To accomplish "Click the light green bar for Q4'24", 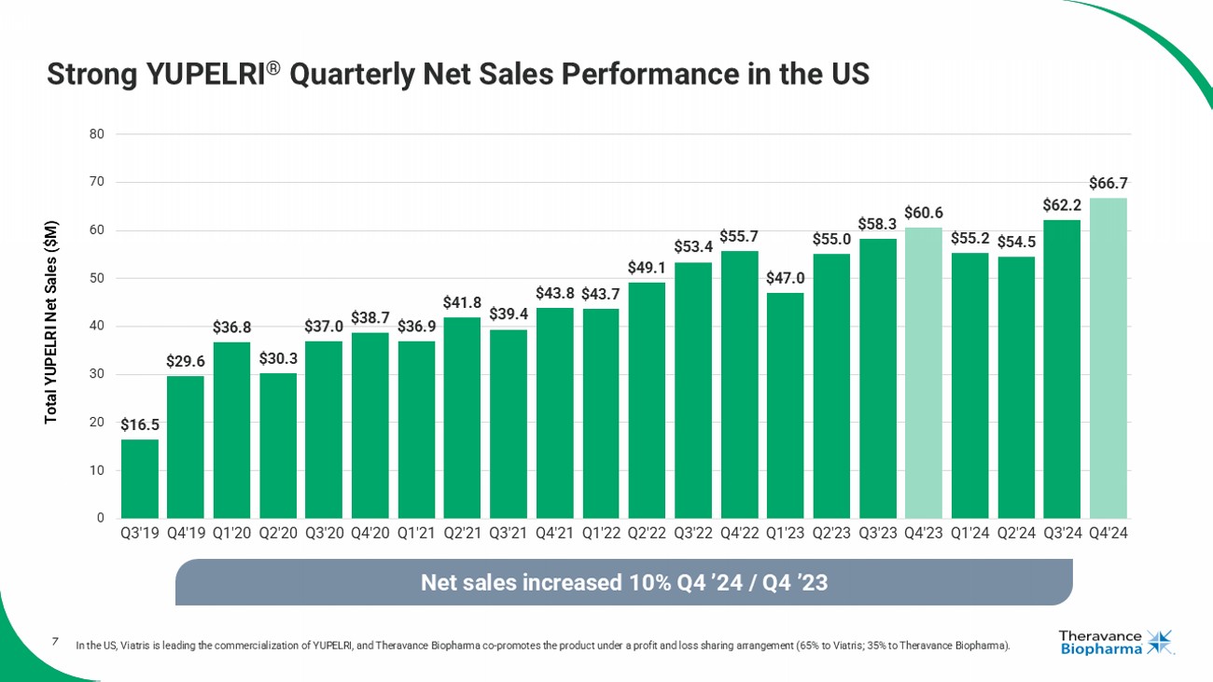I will (1108, 358).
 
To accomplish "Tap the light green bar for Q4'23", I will (923, 373).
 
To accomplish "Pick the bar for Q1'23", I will (785, 406).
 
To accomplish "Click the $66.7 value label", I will (1108, 184).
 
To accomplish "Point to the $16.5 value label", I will (139, 425).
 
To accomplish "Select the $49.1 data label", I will (647, 268).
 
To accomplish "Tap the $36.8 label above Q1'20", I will (231, 327).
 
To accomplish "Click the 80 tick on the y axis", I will (96, 134).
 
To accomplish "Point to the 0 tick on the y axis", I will (100, 519).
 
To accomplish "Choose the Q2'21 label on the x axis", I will (462, 536).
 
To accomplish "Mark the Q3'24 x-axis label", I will (1062, 536).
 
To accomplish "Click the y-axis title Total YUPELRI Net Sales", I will (52, 323).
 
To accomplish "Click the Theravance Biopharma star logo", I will (1160, 642).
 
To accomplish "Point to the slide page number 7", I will (55, 641).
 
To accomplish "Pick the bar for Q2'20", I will (278, 446).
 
